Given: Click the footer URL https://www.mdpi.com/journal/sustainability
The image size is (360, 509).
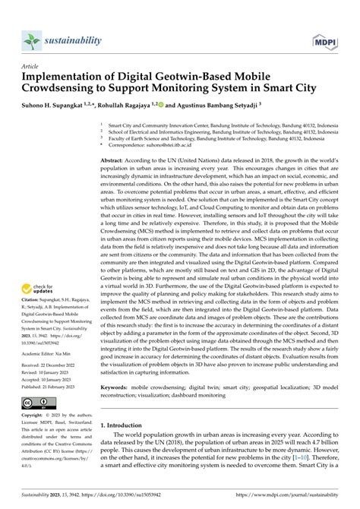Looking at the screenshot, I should [283, 502].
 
